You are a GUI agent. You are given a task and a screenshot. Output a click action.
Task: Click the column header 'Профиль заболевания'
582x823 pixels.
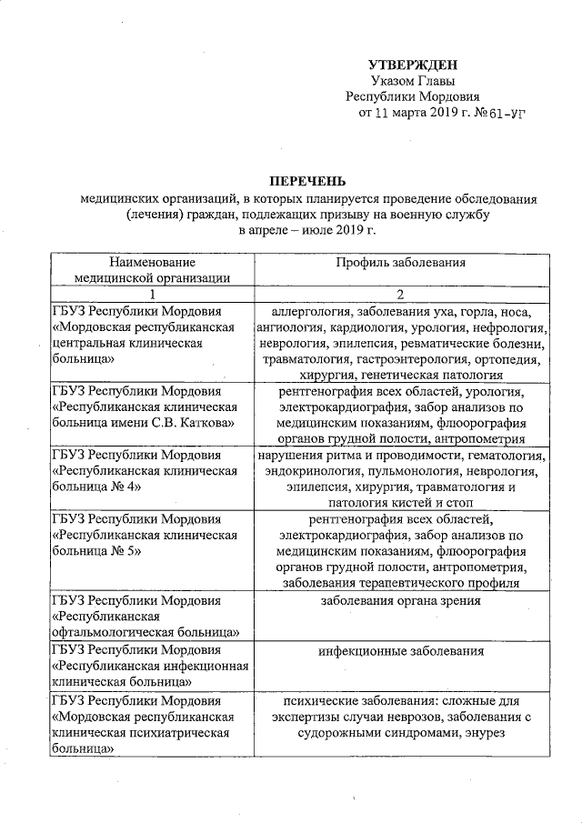click(x=401, y=262)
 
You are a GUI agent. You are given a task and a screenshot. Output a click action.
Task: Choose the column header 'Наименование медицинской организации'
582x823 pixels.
click(x=152, y=270)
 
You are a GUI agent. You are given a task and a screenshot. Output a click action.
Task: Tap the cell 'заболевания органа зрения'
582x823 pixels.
click(x=401, y=600)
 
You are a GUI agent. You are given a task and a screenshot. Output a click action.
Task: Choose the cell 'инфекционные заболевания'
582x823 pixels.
click(x=401, y=651)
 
